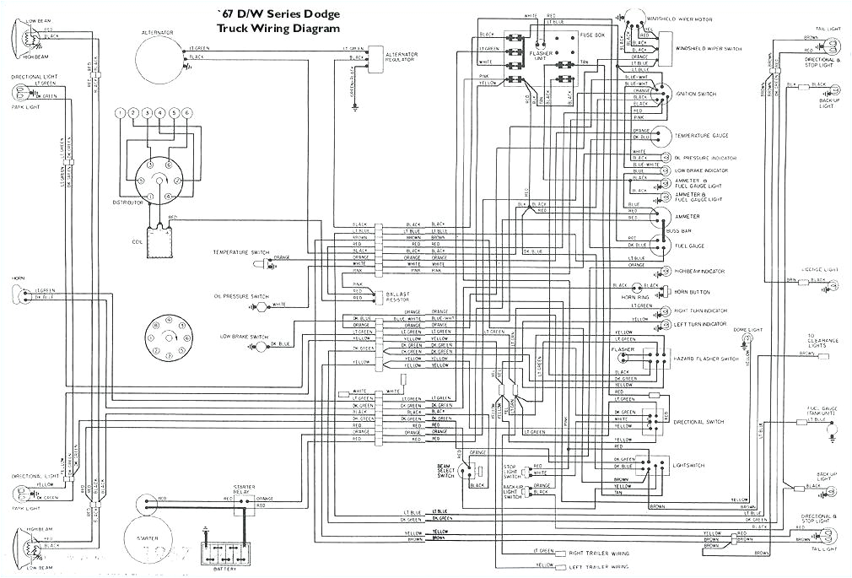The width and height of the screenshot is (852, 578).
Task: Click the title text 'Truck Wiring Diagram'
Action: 278,28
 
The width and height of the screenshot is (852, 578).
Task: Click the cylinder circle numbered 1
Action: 121,113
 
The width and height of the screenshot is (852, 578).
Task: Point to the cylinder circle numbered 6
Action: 187,113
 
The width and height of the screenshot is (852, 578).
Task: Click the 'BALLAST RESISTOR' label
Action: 395,296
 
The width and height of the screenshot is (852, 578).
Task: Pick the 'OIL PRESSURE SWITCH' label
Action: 242,297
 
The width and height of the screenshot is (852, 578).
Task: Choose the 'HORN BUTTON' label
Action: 692,291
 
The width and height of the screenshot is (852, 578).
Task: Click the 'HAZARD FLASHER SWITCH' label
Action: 705,359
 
